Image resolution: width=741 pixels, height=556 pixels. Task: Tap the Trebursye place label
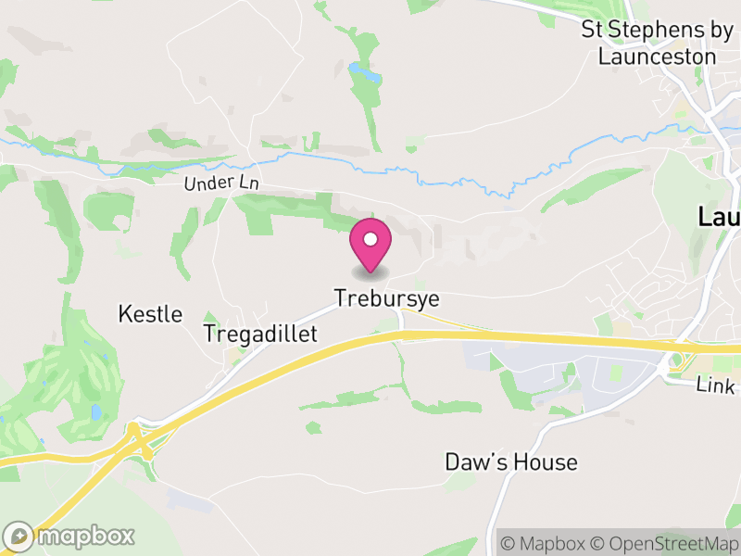[x=386, y=299]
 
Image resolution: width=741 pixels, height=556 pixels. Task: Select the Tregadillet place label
[x=260, y=334]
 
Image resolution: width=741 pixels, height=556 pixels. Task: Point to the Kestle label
[x=150, y=314]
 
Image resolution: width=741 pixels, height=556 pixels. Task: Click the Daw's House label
[x=511, y=461]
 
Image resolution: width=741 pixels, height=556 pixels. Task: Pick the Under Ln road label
[x=221, y=183]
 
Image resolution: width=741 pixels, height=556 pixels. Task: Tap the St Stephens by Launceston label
[x=657, y=43]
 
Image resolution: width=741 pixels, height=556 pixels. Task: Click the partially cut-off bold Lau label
[x=719, y=218]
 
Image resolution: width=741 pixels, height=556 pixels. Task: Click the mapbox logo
[x=70, y=536]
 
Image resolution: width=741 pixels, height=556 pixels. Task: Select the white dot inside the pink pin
[x=370, y=239]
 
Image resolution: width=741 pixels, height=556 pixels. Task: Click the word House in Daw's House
[x=546, y=461]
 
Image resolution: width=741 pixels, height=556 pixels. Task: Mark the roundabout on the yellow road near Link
[x=677, y=360]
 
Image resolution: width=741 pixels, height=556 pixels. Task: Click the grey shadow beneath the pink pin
[x=370, y=273]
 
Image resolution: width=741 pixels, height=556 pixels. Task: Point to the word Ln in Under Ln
[x=247, y=183]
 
